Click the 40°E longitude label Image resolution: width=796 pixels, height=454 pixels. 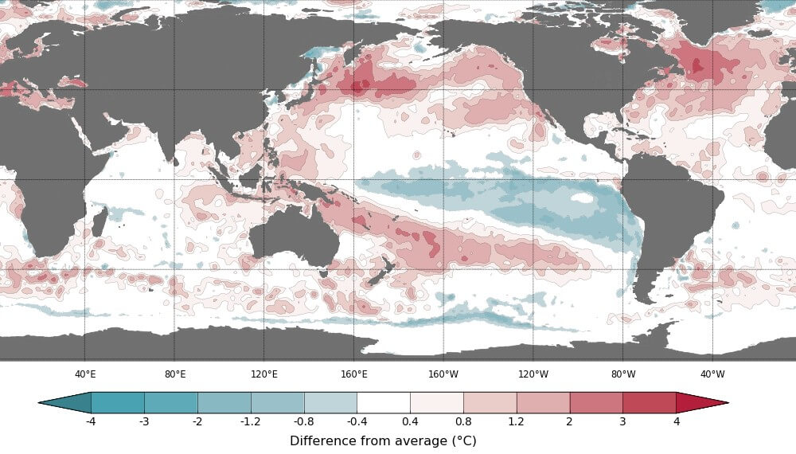coord(85,374)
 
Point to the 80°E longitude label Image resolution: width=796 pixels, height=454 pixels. coord(175,374)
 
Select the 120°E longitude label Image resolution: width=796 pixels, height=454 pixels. coord(264,374)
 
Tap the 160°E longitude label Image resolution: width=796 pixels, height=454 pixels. coord(354,374)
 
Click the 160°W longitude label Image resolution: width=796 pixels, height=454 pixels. coord(443,374)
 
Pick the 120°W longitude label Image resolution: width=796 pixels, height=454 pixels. coord(533,374)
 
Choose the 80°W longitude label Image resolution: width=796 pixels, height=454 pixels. coord(623,374)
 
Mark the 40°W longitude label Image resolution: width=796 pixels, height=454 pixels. coord(712,374)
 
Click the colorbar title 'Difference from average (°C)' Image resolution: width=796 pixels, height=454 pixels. coord(383,440)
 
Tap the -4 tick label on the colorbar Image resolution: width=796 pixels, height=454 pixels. coord(91,421)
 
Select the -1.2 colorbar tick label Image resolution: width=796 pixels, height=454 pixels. coord(251,421)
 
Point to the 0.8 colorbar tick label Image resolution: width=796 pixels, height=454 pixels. coord(463,421)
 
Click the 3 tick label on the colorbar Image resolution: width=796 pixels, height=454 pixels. coord(622,421)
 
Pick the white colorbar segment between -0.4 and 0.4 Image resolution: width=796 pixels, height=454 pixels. coord(383,402)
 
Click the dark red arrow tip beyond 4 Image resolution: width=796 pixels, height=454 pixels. coord(700,402)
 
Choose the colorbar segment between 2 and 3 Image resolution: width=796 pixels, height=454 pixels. coord(596,402)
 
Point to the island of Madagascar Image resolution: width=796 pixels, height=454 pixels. coord(99,222)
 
